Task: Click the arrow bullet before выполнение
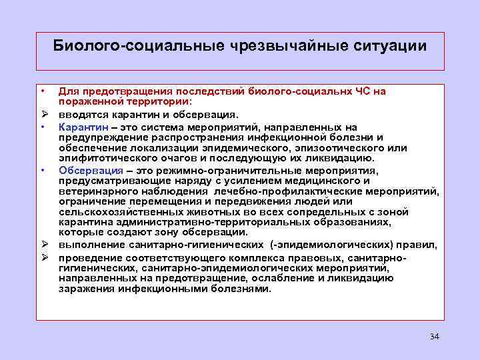click(x=43, y=245)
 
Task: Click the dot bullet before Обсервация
click(x=42, y=170)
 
